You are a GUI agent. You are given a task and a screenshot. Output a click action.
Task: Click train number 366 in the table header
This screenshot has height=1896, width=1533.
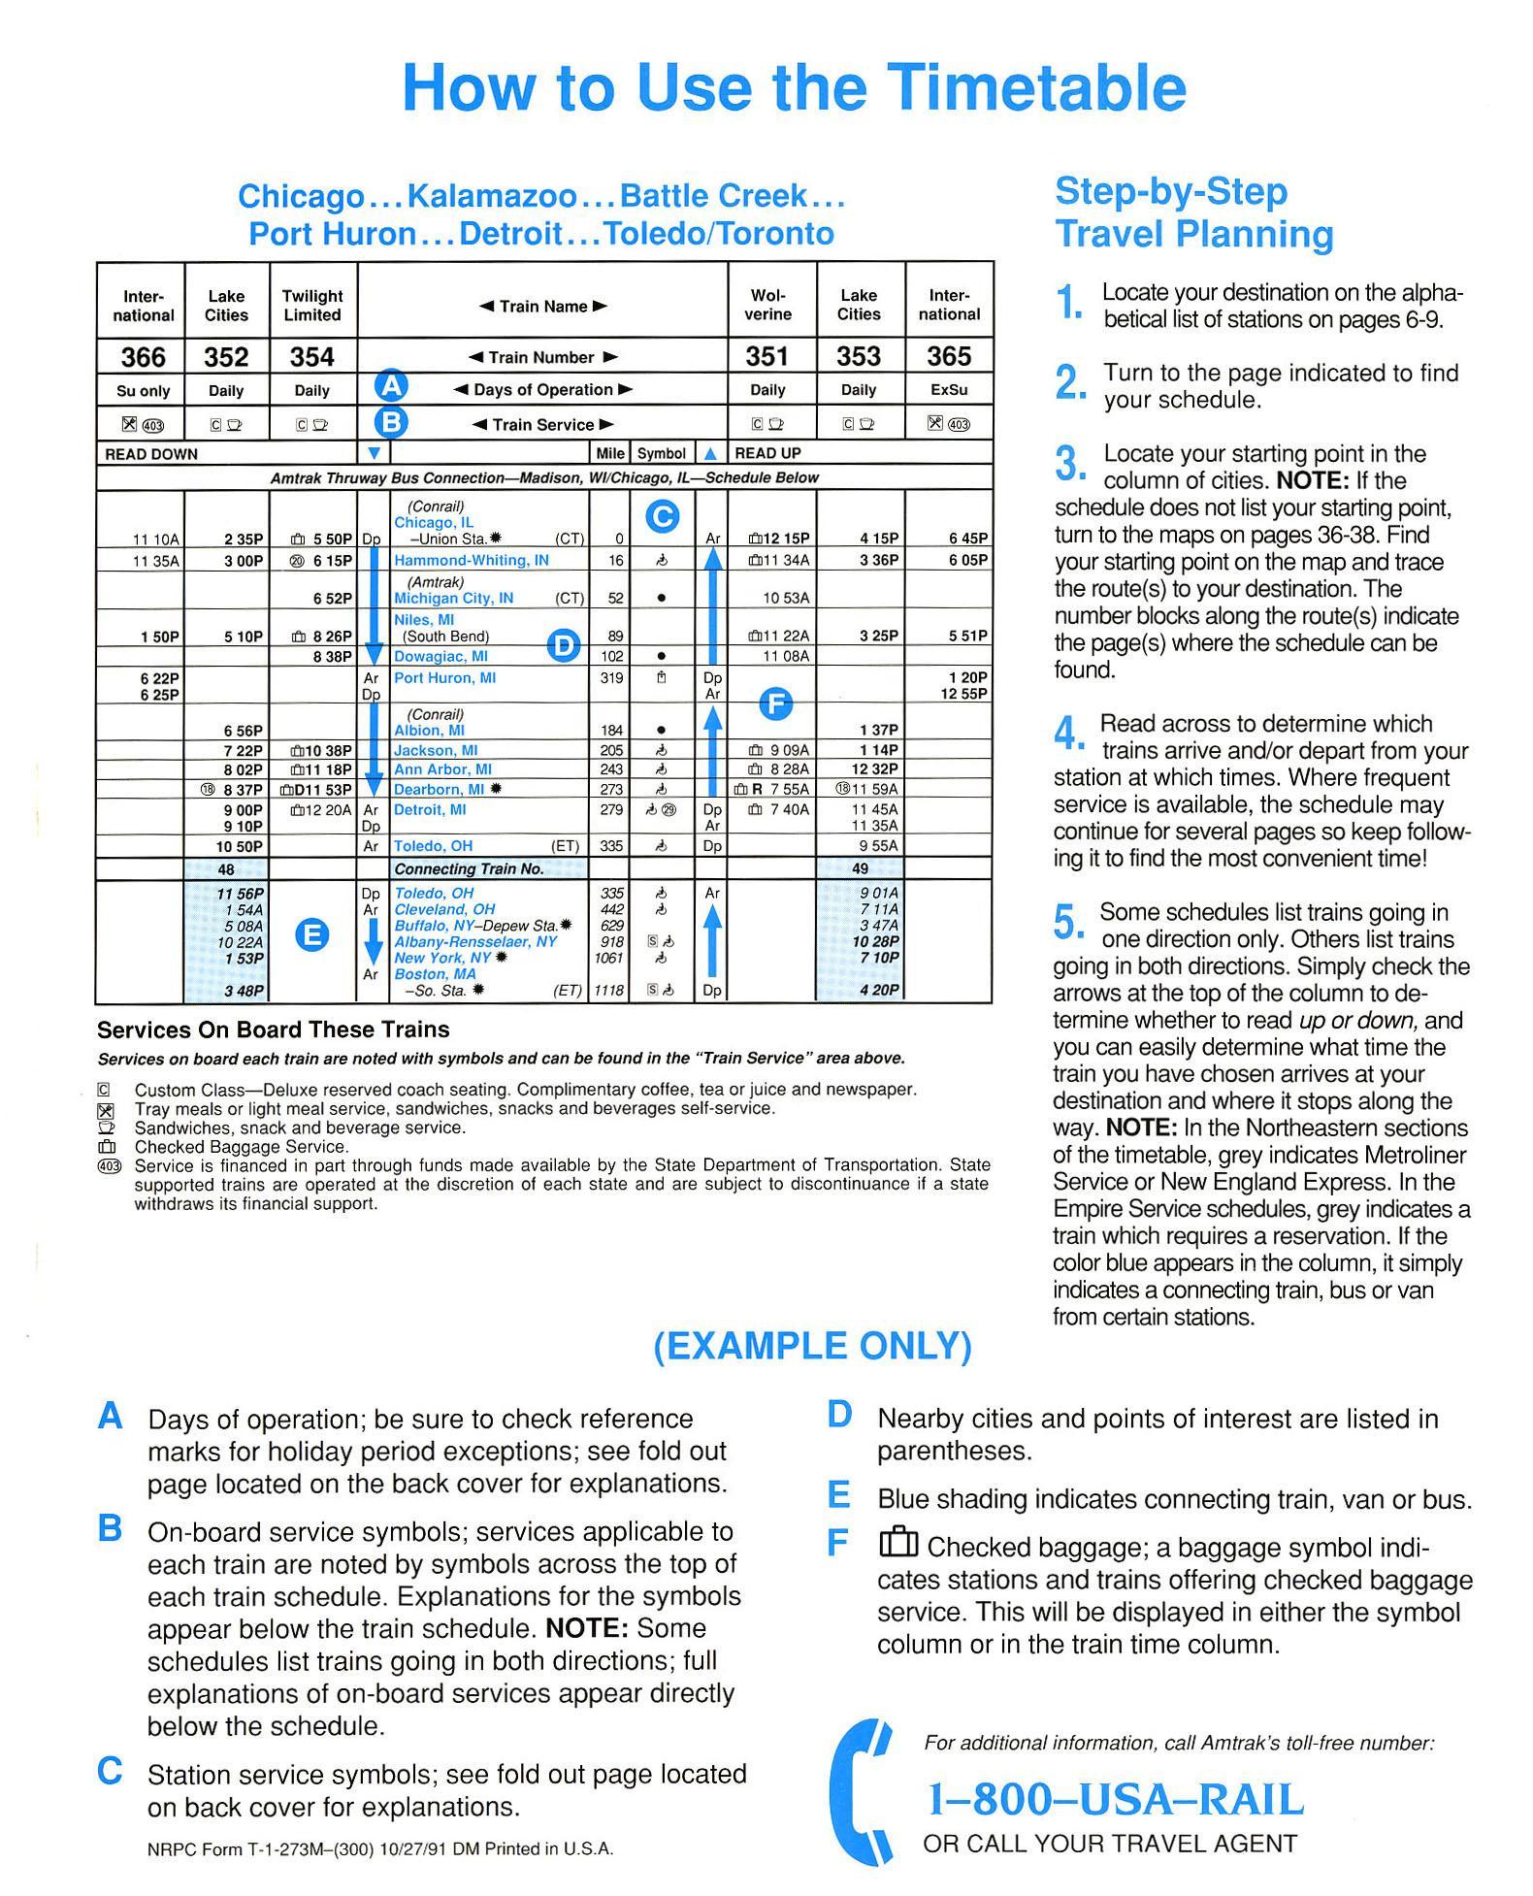click(143, 357)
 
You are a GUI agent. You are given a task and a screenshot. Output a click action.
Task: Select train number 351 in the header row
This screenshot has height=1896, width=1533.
click(766, 357)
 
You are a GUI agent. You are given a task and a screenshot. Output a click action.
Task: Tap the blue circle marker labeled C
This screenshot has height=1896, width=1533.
click(662, 516)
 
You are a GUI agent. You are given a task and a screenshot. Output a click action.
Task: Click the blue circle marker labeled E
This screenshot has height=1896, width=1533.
click(311, 934)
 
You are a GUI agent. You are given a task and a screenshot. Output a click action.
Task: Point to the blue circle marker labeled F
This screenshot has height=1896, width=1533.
click(774, 703)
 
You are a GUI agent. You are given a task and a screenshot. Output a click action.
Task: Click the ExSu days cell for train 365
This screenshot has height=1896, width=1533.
click(948, 390)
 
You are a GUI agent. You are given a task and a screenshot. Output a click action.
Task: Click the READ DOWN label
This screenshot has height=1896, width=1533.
click(151, 454)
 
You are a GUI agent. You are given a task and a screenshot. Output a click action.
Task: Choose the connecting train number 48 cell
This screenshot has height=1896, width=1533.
click(226, 869)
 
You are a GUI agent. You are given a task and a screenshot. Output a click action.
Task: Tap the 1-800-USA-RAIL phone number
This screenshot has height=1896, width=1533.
click(1116, 1800)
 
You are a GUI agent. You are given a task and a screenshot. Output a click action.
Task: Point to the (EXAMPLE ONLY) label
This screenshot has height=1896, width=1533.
click(812, 1346)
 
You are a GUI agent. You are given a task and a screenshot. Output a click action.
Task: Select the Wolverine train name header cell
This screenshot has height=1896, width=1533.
click(767, 305)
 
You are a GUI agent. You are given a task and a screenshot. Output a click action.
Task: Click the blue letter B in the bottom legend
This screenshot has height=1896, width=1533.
click(111, 1529)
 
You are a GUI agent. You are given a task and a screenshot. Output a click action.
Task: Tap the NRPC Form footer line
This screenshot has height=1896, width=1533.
click(380, 1849)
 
